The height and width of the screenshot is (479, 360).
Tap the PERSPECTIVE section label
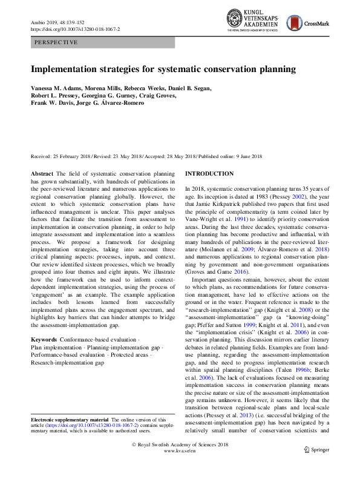[56, 42]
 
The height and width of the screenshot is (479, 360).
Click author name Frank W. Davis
[50, 103]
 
